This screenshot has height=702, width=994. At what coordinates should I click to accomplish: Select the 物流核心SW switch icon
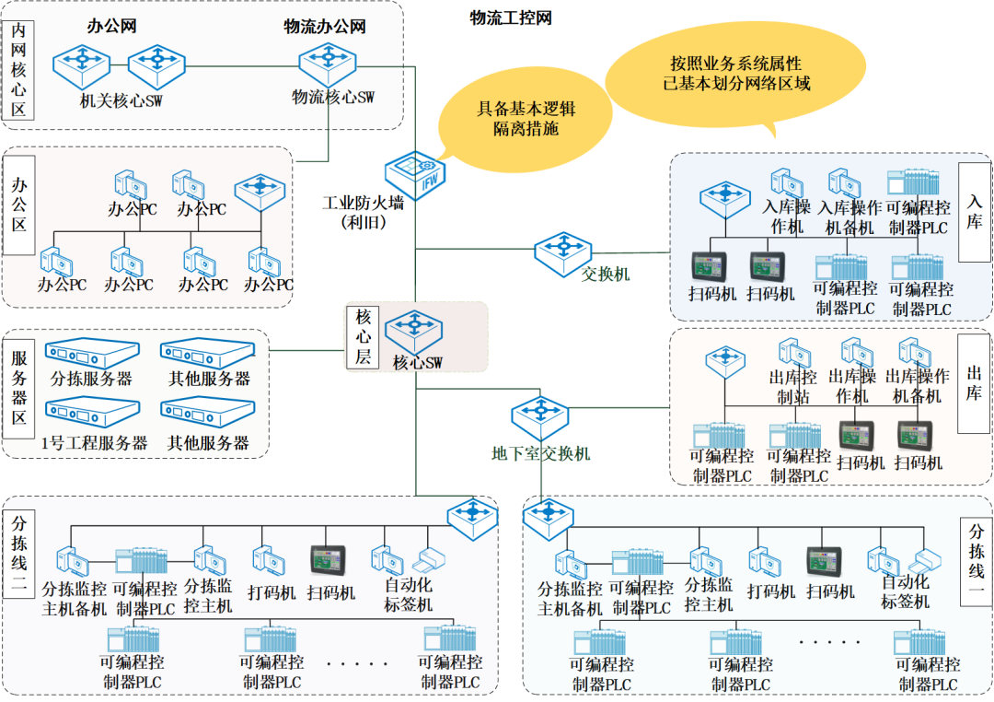(x=320, y=63)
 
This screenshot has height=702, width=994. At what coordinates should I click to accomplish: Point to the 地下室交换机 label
(x=540, y=454)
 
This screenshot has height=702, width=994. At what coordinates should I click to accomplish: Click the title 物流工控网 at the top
(x=511, y=18)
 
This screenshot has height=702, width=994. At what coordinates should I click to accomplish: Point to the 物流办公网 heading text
(x=325, y=27)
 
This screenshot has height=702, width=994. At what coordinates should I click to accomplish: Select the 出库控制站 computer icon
(x=792, y=354)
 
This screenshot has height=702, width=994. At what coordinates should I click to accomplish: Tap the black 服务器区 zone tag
(x=19, y=391)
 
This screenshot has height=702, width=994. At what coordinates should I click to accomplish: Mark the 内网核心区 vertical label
(x=18, y=70)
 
